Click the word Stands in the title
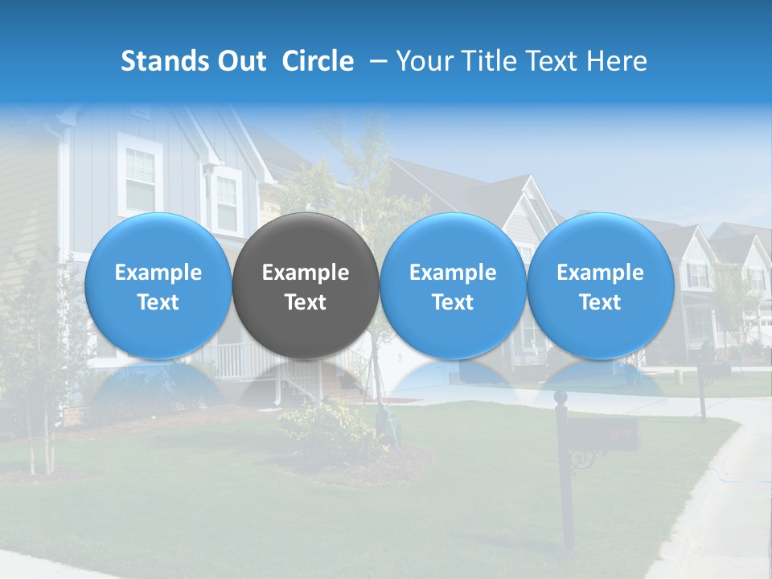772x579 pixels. coord(162,61)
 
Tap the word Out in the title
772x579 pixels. coord(239,61)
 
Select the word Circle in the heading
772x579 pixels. coord(318,61)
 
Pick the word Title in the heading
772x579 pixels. coord(491,61)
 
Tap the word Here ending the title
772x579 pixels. coord(618,61)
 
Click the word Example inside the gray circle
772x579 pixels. coord(306,273)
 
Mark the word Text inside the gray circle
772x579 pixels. coord(306,302)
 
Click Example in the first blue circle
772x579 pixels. coord(158,273)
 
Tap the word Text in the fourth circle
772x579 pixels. coord(600,302)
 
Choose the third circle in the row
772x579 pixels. coord(453,285)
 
